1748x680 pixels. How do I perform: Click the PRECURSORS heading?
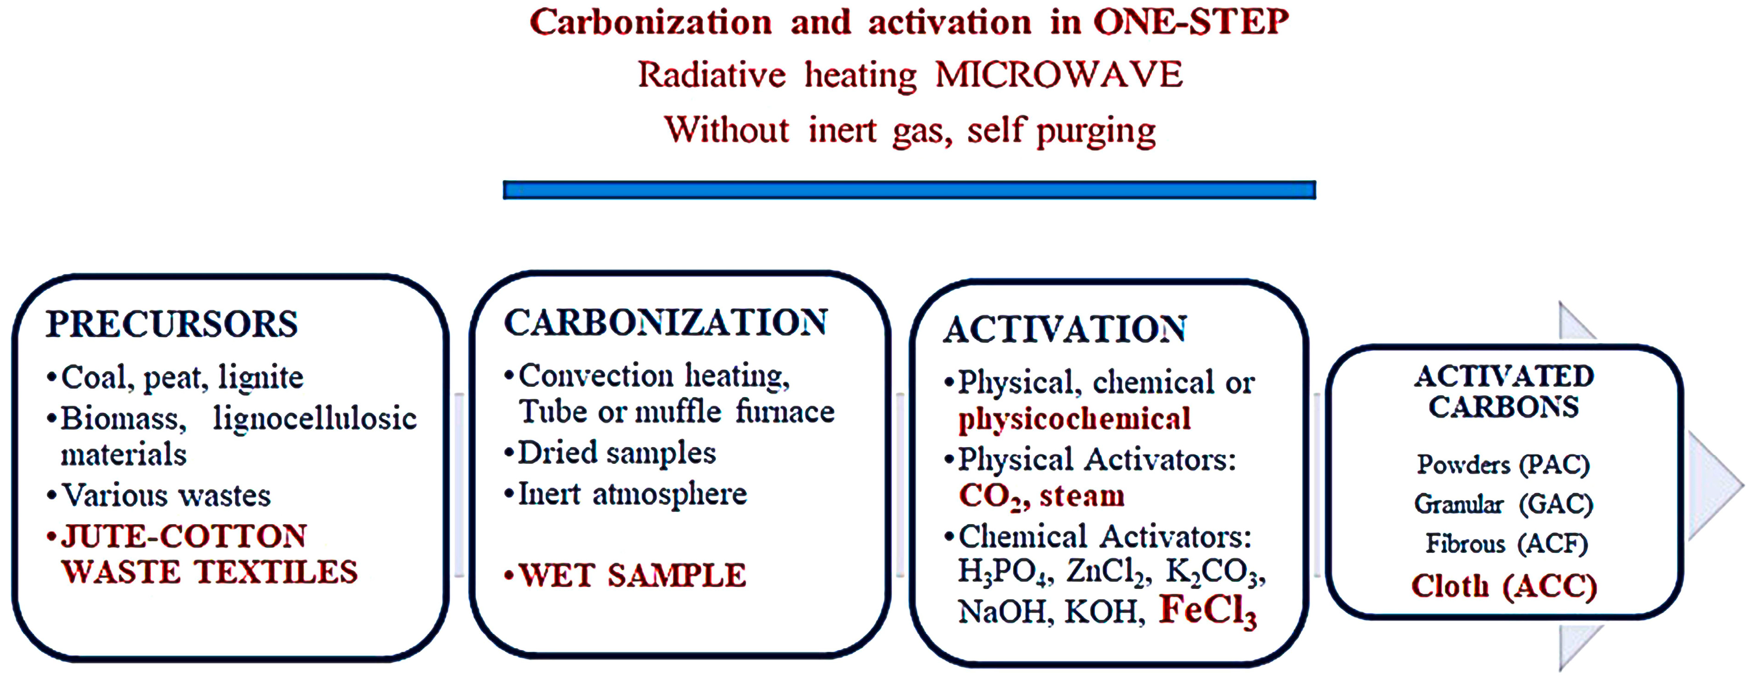pyautogui.click(x=172, y=324)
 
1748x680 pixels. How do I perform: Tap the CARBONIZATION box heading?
pyautogui.click(x=666, y=322)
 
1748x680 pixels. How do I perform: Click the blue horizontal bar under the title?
pyautogui.click(x=909, y=190)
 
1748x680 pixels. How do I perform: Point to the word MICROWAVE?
pyautogui.click(x=1059, y=75)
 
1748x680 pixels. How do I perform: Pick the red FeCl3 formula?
pyautogui.click(x=1207, y=610)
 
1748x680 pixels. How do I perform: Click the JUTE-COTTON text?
pyautogui.click(x=184, y=536)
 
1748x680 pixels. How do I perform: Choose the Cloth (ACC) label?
pyautogui.click(x=1504, y=586)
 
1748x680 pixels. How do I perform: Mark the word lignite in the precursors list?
pyautogui.click(x=261, y=378)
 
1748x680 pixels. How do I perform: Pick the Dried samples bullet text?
pyautogui.click(x=617, y=453)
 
